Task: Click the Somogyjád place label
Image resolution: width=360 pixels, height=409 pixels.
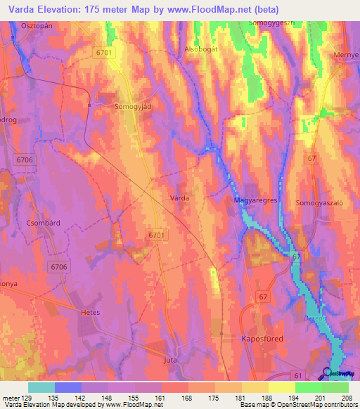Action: tap(134, 108)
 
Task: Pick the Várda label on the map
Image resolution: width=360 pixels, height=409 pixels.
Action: tap(179, 199)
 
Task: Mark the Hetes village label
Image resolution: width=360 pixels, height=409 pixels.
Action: tap(91, 311)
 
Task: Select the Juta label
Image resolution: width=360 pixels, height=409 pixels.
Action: tap(169, 360)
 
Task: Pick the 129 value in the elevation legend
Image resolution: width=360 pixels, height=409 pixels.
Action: tap(23, 397)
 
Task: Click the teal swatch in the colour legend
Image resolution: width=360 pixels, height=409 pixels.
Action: tap(41, 387)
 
